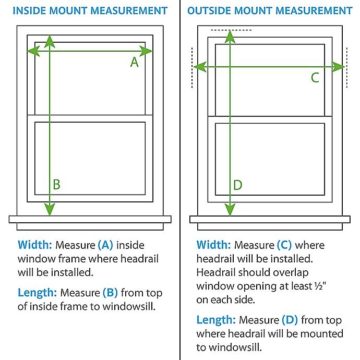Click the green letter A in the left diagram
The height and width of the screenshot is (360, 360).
click(134, 62)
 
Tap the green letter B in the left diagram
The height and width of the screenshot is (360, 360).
click(56, 184)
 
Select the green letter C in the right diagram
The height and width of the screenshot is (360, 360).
click(315, 78)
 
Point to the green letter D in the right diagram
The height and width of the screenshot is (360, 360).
click(237, 185)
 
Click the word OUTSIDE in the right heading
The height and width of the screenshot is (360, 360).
click(209, 10)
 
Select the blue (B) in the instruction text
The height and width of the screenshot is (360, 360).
click(110, 293)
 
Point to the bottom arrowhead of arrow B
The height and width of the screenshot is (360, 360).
click(49, 210)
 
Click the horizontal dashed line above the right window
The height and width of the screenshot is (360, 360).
click(231, 30)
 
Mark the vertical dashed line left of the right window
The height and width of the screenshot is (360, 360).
click(192, 67)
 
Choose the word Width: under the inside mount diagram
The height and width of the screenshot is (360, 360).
click(34, 245)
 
